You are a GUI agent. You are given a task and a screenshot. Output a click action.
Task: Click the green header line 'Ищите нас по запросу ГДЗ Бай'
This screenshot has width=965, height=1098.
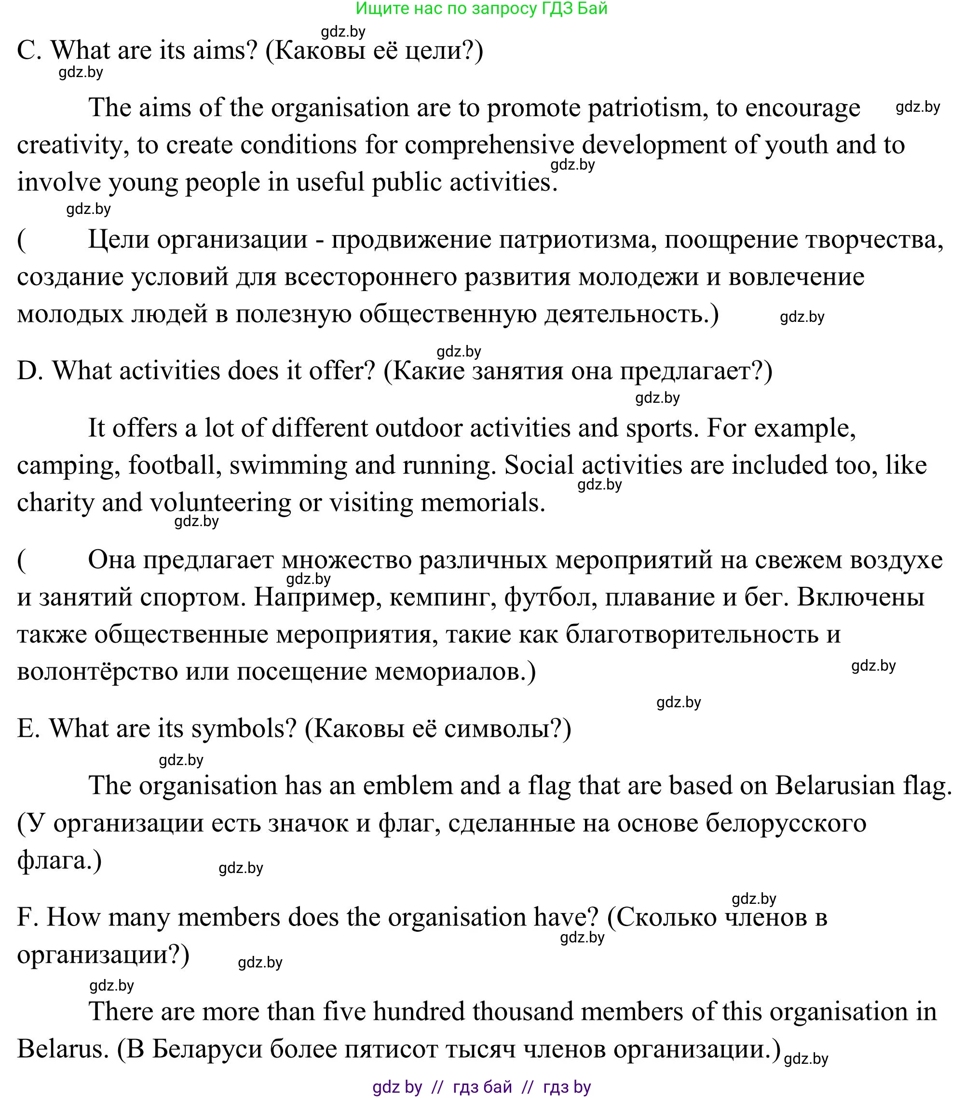481,9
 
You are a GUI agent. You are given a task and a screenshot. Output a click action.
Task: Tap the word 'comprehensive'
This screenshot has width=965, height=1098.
489,145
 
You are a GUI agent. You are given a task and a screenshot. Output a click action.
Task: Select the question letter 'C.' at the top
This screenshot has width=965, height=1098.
29,51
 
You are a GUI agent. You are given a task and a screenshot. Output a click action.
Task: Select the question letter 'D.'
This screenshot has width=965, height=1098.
29,371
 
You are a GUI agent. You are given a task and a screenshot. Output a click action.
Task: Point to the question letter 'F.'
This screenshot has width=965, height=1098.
27,917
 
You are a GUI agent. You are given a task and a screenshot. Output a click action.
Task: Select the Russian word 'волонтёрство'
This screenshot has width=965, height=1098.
97,672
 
